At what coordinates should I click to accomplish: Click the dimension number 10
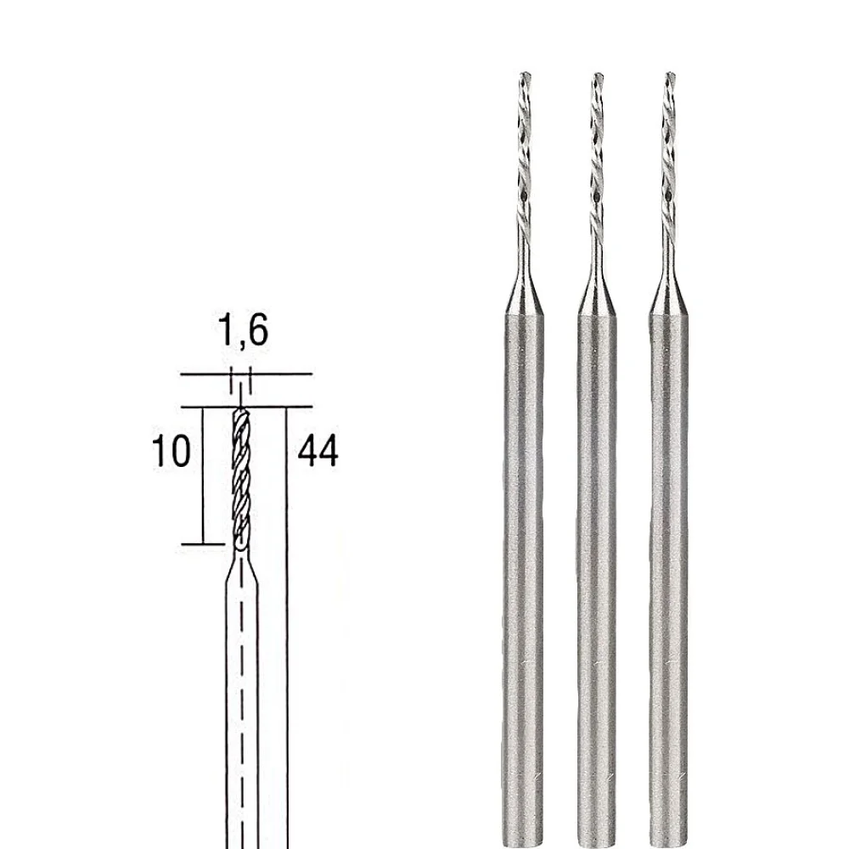[172, 453]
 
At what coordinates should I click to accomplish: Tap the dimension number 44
[318, 453]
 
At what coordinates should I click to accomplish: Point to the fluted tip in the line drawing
[241, 475]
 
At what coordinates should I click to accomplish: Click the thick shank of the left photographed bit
[520, 552]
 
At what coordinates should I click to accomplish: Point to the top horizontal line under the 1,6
[246, 374]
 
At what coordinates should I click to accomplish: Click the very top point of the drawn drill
[241, 408]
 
